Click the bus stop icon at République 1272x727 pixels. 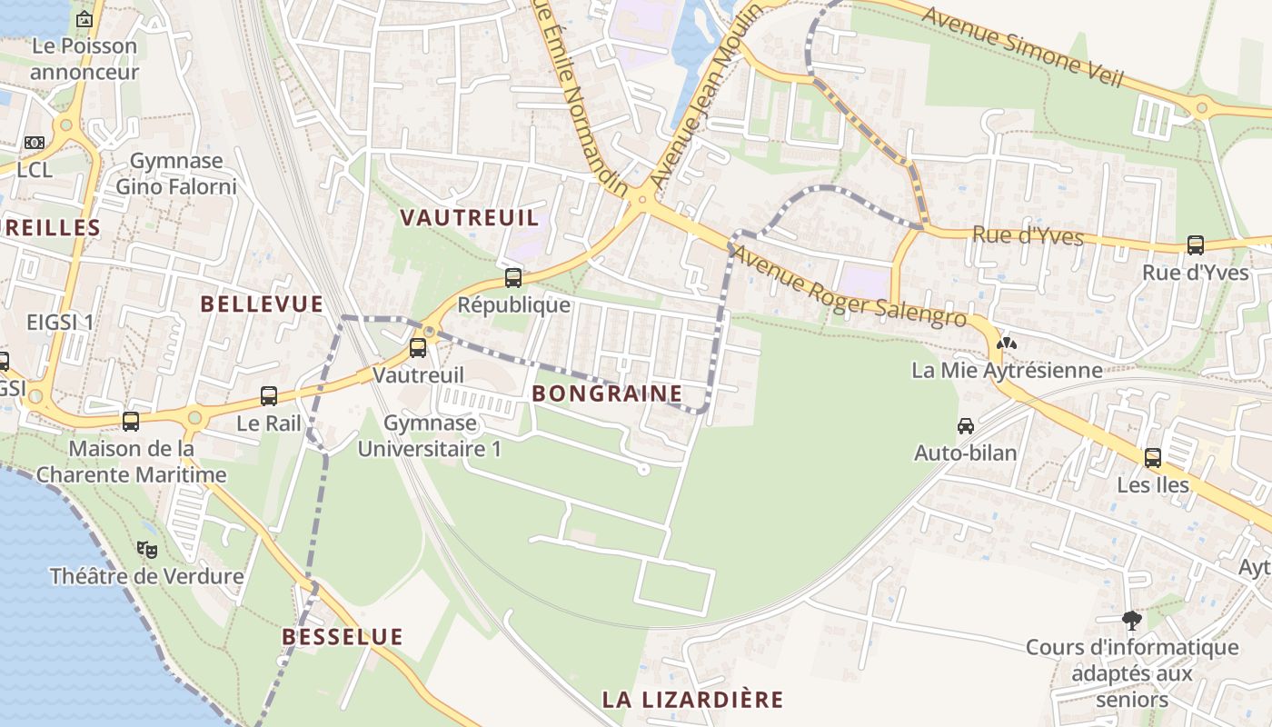tap(513, 278)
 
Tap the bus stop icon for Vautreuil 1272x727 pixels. tap(418, 347)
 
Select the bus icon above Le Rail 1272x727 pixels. tap(269, 396)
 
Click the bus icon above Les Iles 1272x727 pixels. tap(1153, 458)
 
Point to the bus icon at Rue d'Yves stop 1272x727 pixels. tap(1196, 245)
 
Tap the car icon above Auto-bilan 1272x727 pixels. tap(966, 425)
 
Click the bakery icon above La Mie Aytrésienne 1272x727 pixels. tap(1007, 344)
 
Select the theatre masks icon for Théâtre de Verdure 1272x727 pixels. tap(147, 549)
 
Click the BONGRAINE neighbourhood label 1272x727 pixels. tap(607, 393)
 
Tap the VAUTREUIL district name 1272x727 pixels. tap(470, 218)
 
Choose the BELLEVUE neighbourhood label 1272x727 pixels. tap(262, 304)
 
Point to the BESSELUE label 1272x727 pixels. tap(343, 637)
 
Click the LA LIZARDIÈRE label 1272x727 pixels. tap(692, 700)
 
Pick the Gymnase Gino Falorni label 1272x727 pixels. tap(176, 174)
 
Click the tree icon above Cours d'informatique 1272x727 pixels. tap(1132, 621)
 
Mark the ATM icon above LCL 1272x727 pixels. tap(35, 143)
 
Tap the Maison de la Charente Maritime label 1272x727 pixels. tap(132, 462)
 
